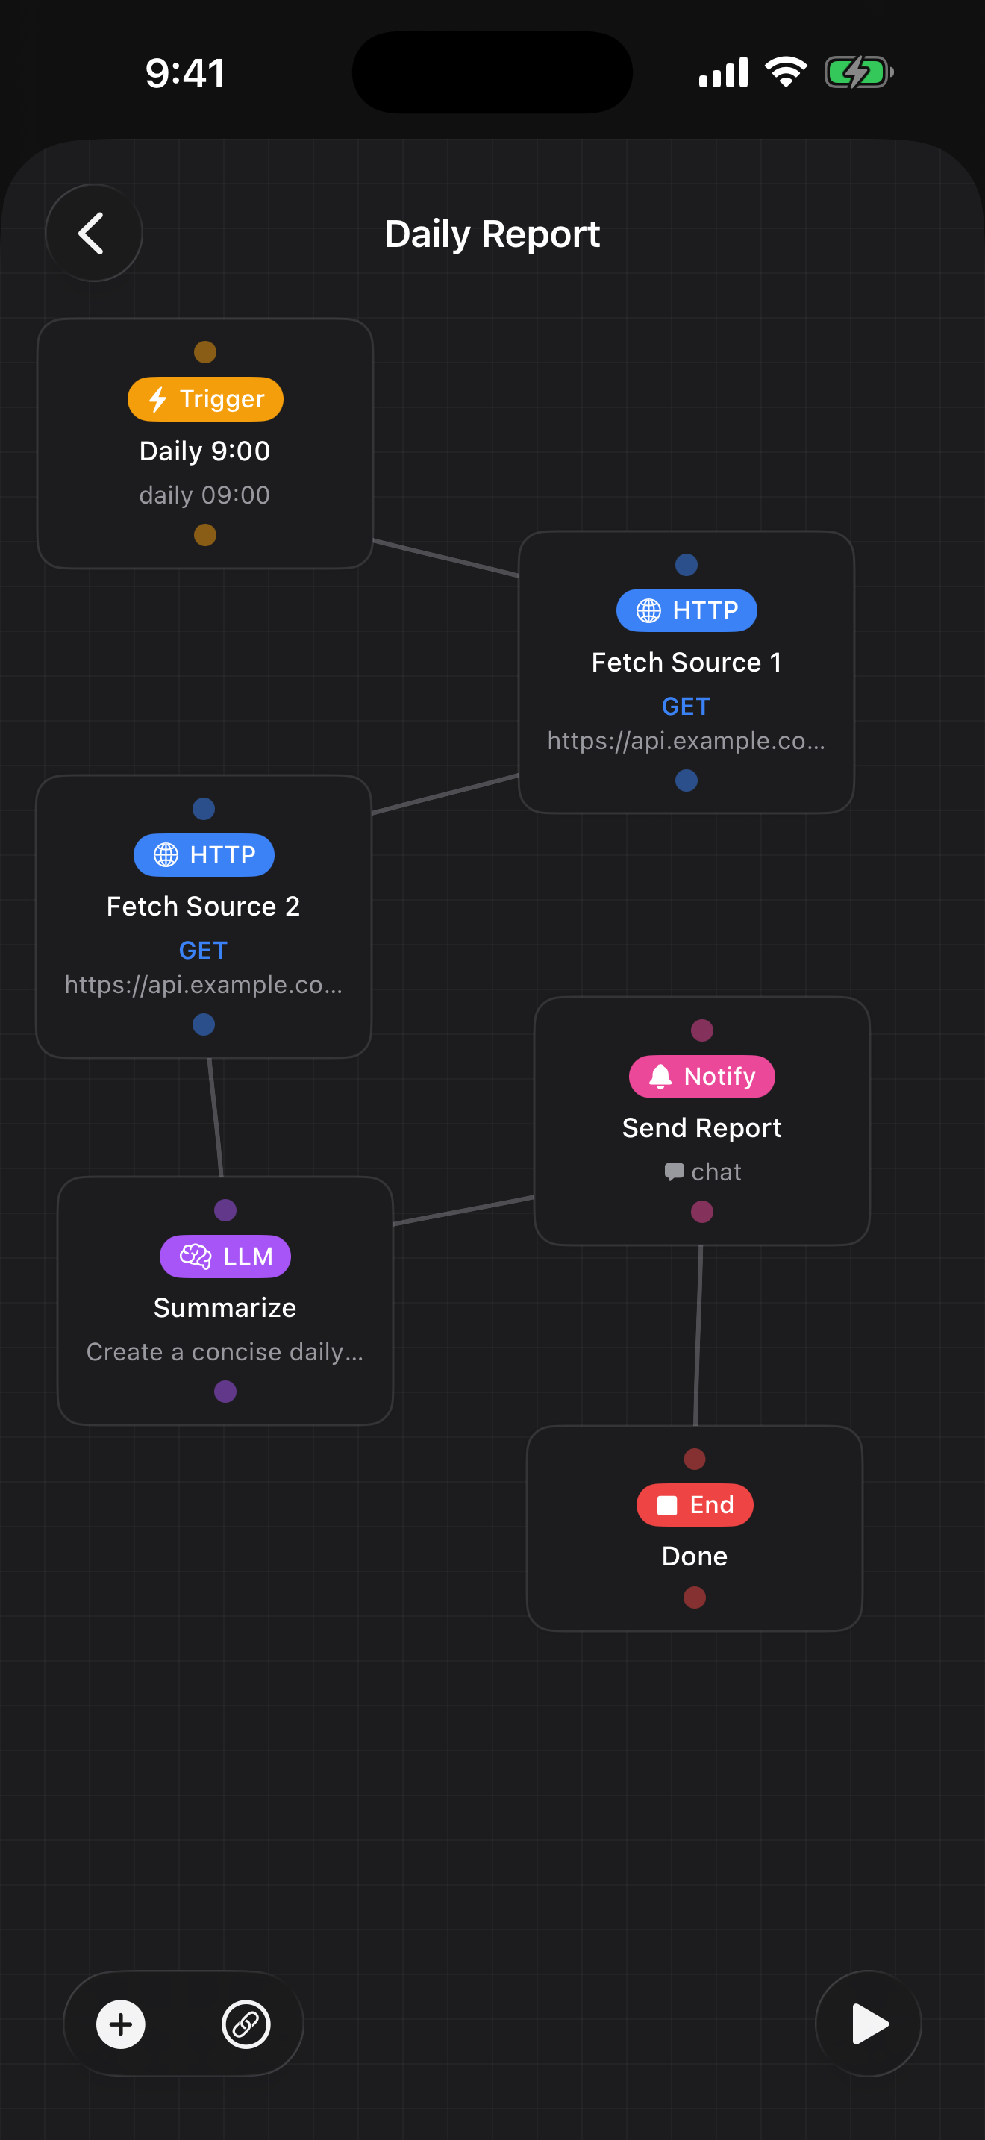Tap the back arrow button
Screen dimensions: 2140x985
(93, 233)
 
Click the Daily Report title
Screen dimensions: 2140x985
(492, 234)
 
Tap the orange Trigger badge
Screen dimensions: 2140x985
(205, 398)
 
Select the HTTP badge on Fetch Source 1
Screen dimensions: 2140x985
(686, 610)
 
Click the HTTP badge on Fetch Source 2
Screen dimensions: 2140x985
(204, 855)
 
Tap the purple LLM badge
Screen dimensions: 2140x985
(225, 1256)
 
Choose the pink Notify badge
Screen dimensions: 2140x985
(701, 1077)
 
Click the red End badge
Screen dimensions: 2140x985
(694, 1504)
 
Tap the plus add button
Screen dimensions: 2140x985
(121, 2024)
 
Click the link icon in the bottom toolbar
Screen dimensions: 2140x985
(246, 2024)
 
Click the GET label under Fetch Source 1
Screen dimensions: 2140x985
(686, 706)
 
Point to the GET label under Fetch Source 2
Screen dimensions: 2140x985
(204, 951)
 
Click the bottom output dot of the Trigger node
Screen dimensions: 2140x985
(205, 535)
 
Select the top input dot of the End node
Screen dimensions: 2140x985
(694, 1459)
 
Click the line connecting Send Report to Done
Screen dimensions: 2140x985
(698, 1336)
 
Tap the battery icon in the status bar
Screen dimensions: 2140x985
(858, 72)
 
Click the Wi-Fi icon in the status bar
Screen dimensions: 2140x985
(786, 72)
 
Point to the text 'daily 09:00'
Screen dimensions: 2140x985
(204, 495)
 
